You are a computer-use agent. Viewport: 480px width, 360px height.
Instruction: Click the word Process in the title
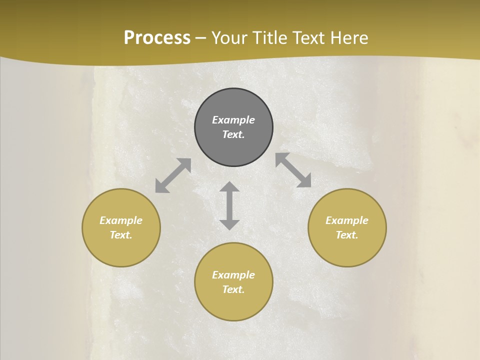[x=157, y=38]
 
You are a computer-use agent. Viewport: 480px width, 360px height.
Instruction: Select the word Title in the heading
[x=270, y=38]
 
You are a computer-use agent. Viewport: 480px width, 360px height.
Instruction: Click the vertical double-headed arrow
[x=229, y=205]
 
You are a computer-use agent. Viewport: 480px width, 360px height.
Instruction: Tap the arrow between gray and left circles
[x=173, y=175]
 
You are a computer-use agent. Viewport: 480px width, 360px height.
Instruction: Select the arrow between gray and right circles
[x=293, y=170]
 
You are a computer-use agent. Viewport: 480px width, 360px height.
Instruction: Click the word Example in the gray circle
[x=233, y=120]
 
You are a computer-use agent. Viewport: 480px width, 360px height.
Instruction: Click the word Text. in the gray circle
[x=233, y=134]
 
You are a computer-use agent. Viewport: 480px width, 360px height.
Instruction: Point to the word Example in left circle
[x=121, y=220]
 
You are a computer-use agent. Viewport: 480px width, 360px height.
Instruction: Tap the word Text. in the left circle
[x=121, y=235]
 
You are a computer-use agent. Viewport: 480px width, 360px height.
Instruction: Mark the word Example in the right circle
[x=347, y=220]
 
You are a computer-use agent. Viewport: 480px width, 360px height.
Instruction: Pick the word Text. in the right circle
[x=347, y=235]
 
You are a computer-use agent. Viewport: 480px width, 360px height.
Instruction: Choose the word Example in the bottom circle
[x=233, y=275]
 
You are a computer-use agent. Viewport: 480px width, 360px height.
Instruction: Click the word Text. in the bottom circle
[x=233, y=289]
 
